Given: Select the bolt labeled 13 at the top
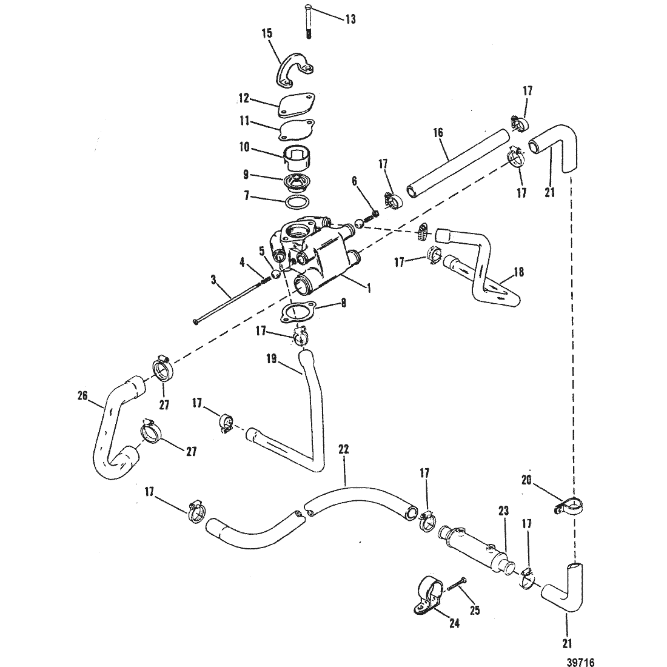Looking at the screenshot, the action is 309,21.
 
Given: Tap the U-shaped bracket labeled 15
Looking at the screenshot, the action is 295,69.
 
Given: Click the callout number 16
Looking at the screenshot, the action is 438,133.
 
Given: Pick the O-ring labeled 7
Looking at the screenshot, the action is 297,202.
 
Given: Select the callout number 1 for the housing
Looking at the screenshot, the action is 369,289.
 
